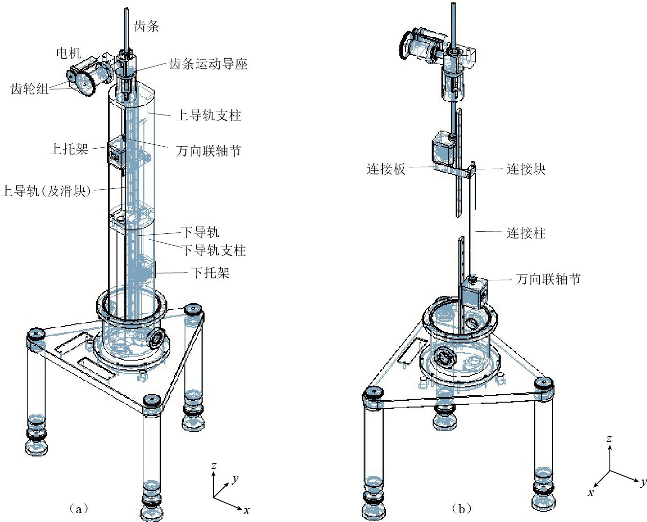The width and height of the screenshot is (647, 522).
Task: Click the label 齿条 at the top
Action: click(147, 27)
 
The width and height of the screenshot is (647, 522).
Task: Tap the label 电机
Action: click(69, 53)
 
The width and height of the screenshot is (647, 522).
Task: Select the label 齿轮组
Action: click(29, 89)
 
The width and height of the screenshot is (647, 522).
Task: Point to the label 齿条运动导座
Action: click(208, 64)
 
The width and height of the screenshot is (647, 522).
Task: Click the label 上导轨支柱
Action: click(208, 115)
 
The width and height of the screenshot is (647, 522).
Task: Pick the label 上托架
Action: click(69, 149)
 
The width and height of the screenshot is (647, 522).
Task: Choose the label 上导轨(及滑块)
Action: click(46, 191)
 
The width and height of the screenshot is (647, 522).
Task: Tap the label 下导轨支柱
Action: click(214, 250)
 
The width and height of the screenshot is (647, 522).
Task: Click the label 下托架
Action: click(210, 272)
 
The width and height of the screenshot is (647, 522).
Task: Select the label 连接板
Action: click(386, 169)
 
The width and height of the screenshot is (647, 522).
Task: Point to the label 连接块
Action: click(526, 169)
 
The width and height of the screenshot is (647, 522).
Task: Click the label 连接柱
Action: click(526, 233)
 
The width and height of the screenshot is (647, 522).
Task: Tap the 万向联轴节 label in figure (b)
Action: click(548, 279)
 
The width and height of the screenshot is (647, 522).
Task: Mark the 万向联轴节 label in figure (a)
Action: click(208, 151)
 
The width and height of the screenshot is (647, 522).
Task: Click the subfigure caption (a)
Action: click(79, 508)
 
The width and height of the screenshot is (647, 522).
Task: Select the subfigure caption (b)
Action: click(462, 508)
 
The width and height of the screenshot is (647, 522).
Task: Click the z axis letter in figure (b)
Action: click(609, 438)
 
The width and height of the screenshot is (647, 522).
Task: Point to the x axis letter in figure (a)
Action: click(247, 510)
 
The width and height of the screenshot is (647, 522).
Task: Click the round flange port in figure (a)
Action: click(157, 337)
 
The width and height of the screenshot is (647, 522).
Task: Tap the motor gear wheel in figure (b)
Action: click(408, 45)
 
